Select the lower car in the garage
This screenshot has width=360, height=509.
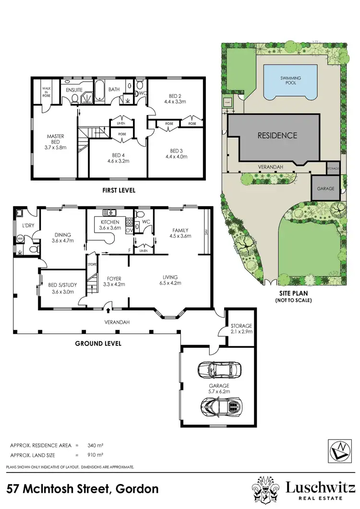[x=219, y=407]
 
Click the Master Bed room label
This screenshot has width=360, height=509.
[x=56, y=142]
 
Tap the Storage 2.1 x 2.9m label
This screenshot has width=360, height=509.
[x=241, y=329]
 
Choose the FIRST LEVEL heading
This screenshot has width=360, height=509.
[x=119, y=190]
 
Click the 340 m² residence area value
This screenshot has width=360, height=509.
[x=95, y=445]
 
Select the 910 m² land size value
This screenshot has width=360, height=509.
[x=95, y=454]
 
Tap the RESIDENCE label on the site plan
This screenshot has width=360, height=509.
[x=277, y=136]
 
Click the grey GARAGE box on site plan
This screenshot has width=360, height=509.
[x=325, y=188]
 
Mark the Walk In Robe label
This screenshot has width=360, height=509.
[x=47, y=92]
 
